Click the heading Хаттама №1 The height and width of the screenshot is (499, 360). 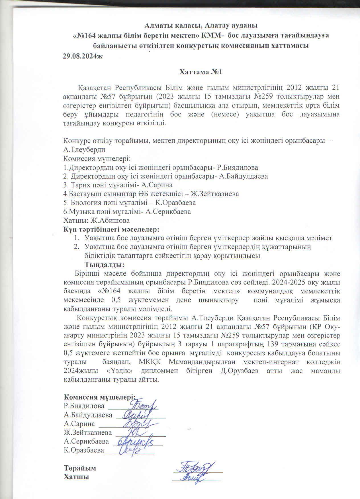[x=200, y=72]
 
